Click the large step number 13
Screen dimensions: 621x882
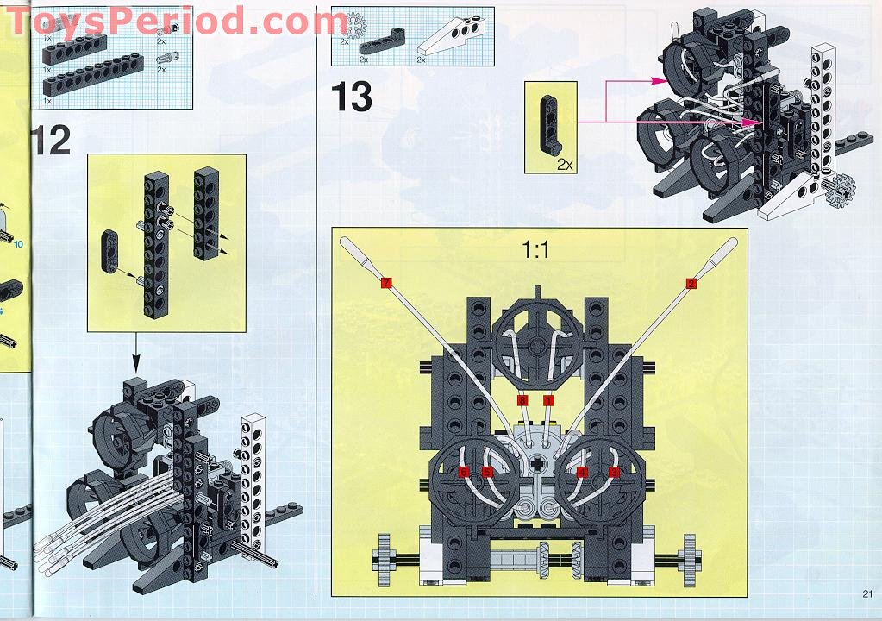coord(352,97)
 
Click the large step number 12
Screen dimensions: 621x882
coord(51,140)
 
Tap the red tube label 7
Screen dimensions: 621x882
coord(385,283)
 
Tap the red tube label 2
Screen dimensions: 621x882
coord(691,283)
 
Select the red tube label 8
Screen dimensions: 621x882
coord(522,400)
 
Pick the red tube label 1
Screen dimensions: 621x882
coord(548,400)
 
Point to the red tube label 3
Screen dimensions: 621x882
coord(614,472)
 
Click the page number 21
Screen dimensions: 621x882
coord(866,593)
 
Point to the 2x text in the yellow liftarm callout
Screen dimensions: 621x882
coord(565,163)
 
